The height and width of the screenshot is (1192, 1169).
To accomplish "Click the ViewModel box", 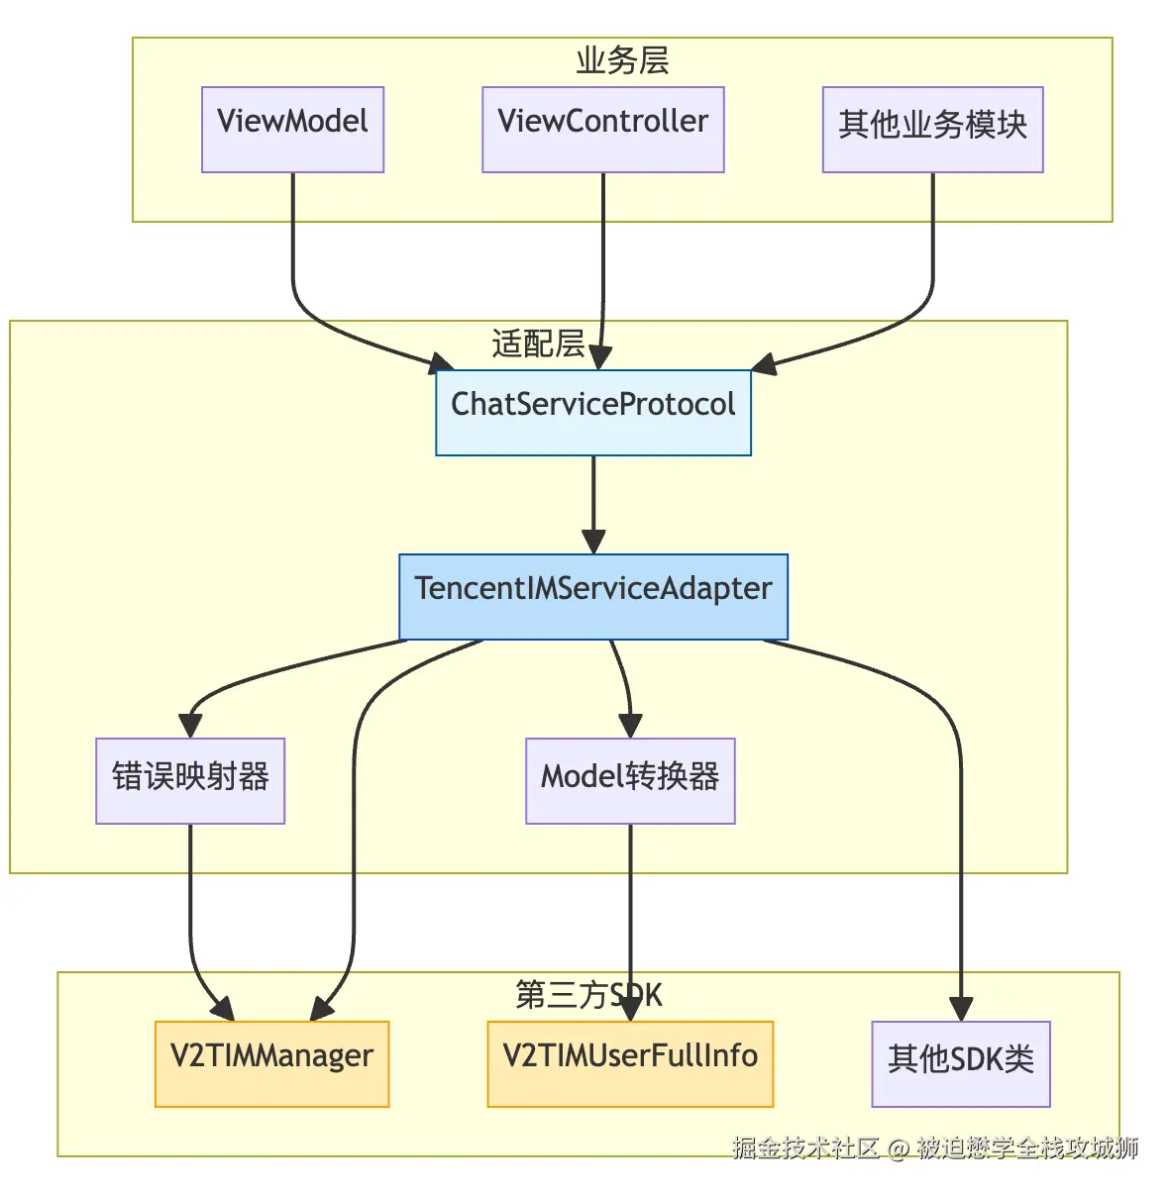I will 292,129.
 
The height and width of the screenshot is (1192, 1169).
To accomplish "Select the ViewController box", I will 602,129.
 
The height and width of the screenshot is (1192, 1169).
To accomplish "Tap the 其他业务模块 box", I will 932,129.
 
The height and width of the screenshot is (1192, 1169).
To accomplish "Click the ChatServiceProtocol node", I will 592,412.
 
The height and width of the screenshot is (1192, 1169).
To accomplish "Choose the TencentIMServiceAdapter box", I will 592,596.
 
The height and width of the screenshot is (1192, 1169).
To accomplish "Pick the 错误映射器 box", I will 190,780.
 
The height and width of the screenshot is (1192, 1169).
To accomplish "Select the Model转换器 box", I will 630,780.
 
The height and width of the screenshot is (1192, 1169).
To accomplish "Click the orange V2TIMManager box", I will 271,1063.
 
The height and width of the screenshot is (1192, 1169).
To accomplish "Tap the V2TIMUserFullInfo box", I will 630,1063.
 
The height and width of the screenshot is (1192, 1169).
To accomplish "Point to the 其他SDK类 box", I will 960,1063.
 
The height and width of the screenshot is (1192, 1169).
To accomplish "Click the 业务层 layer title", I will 622,60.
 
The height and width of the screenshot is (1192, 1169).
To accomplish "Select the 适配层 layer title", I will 538,344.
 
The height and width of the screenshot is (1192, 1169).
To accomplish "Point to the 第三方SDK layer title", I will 588,995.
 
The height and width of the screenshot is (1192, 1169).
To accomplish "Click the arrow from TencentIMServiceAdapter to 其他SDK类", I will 960,842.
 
